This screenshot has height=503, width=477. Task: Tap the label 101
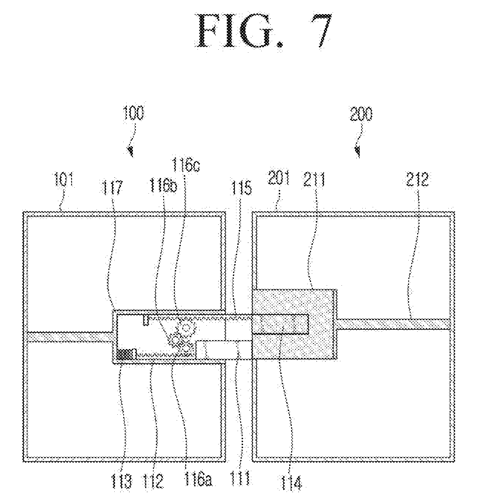tap(63, 179)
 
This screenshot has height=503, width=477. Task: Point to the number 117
tap(112, 188)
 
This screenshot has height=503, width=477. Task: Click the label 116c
tap(186, 165)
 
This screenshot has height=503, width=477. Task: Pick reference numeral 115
tap(241, 188)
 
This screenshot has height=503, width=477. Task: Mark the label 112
tap(153, 481)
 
